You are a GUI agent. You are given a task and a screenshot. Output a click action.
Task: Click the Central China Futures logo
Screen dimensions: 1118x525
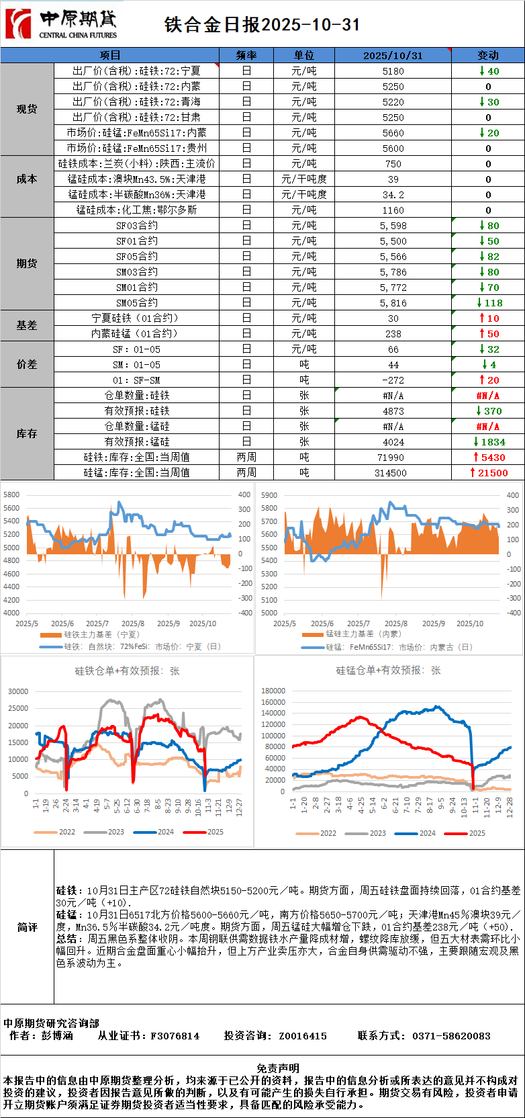click(x=61, y=24)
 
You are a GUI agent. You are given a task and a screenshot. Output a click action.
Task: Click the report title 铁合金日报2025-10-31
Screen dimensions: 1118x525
click(x=262, y=25)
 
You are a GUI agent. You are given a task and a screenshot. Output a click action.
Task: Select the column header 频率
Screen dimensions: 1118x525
click(x=246, y=55)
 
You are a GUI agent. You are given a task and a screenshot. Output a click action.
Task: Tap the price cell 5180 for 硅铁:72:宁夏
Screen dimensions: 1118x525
click(x=393, y=71)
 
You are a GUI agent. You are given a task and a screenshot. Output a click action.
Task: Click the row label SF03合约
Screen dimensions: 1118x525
click(x=137, y=226)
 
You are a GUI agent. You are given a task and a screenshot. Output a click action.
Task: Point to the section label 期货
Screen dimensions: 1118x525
click(x=27, y=263)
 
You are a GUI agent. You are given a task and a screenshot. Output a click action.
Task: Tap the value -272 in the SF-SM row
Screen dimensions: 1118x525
click(x=393, y=380)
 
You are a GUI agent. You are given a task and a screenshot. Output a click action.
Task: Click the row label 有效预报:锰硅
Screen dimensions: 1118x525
click(x=137, y=442)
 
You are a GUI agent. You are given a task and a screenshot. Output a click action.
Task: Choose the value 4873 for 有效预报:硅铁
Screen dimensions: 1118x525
click(x=393, y=411)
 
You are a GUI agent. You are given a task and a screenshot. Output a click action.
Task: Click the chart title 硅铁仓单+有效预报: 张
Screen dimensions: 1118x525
click(x=127, y=671)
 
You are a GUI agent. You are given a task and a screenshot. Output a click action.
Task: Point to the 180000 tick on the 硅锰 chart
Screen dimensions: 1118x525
click(x=273, y=691)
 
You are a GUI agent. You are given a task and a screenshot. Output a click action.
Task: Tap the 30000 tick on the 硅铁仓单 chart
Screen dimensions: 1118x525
click(x=18, y=691)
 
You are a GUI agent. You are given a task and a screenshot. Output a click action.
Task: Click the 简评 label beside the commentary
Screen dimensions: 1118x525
click(x=27, y=927)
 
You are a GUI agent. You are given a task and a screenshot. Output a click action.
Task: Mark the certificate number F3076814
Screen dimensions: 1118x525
click(x=175, y=1036)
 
